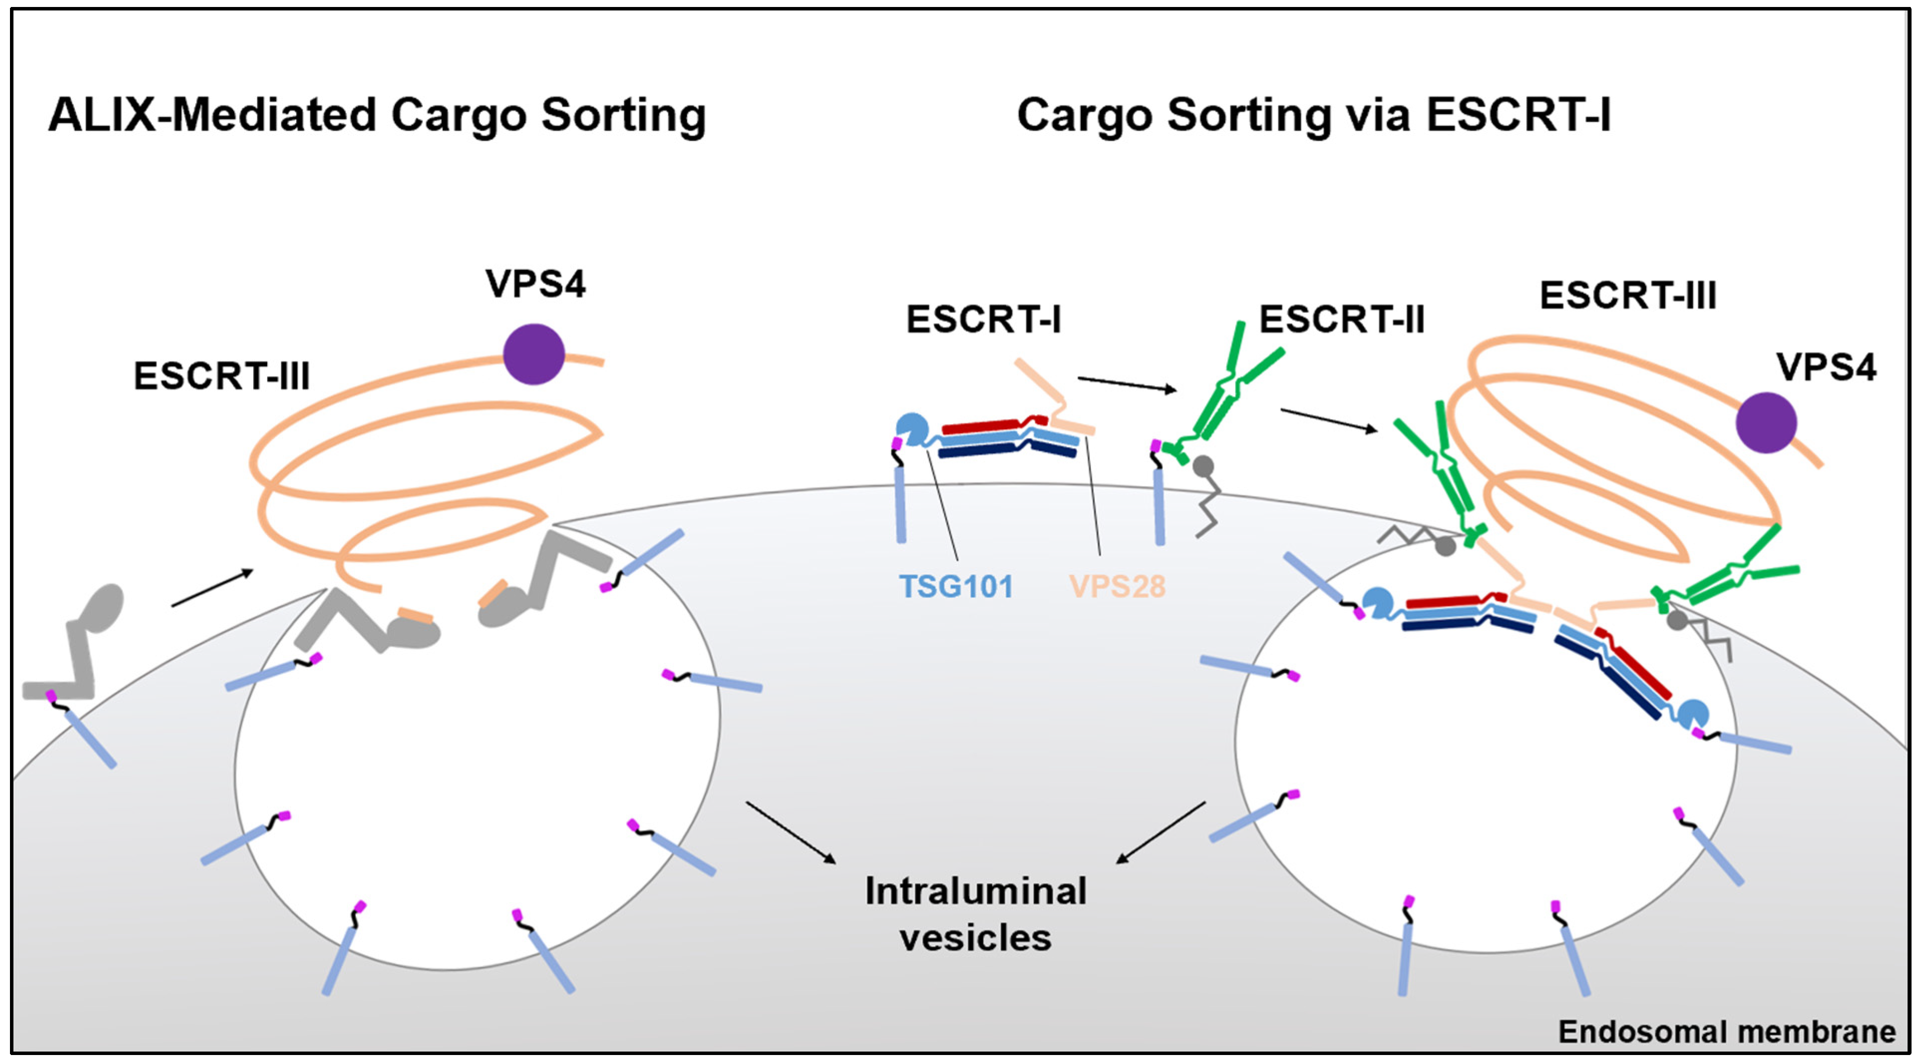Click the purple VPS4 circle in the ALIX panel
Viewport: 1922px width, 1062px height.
pos(533,354)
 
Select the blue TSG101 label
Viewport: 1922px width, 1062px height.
pos(956,586)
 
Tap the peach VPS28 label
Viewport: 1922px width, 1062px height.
pos(1117,586)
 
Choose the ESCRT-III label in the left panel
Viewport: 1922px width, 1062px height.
pos(222,376)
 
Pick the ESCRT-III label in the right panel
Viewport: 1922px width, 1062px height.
pos(1628,296)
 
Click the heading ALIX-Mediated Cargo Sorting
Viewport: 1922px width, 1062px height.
pos(377,116)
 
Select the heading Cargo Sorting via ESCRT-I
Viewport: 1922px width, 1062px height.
pos(1313,116)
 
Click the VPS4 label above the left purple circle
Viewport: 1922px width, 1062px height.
pos(535,284)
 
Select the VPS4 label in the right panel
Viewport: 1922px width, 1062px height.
pos(1826,367)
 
